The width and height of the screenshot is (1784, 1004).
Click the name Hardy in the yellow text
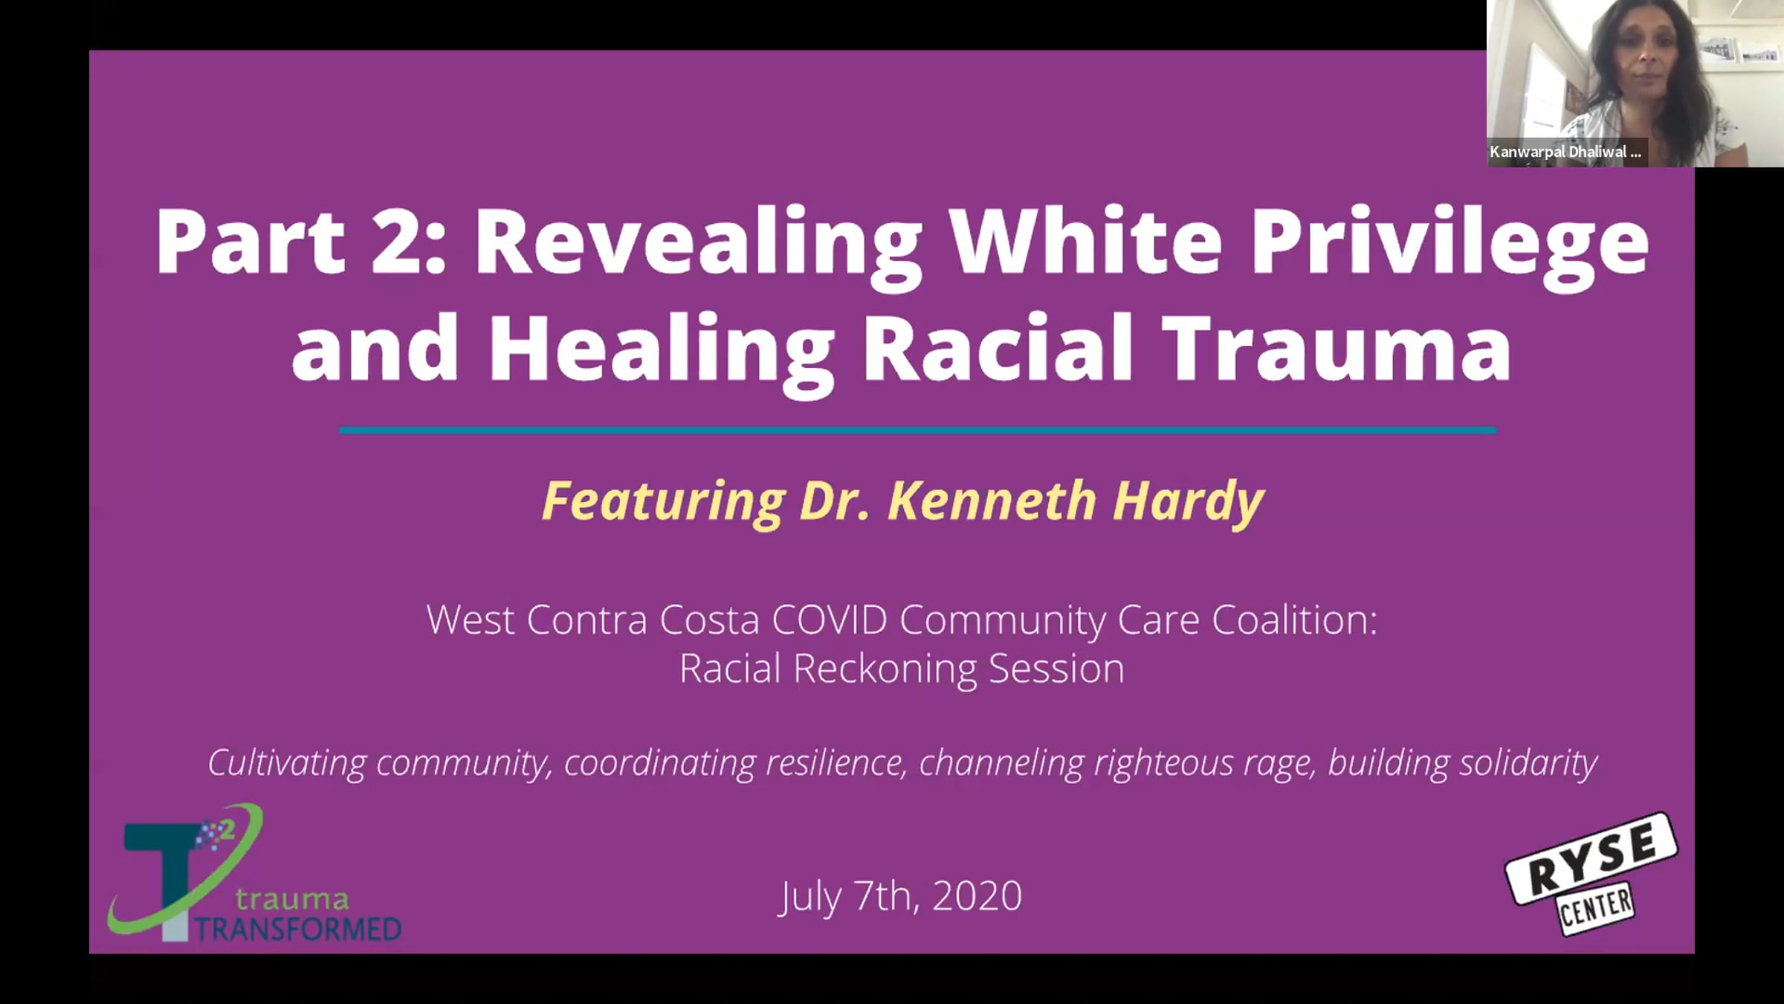[x=1187, y=503]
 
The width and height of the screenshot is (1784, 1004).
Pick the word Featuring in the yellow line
[x=663, y=503]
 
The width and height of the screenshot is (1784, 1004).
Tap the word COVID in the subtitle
[x=830, y=620]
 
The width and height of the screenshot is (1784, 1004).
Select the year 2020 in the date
[x=977, y=896]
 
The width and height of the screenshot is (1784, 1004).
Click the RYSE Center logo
[x=1591, y=875]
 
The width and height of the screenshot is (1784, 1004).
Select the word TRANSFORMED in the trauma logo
[x=297, y=930]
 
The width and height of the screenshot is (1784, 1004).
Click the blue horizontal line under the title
[x=917, y=430]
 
